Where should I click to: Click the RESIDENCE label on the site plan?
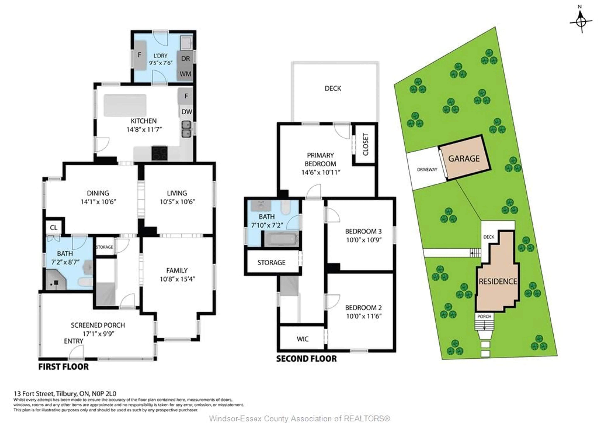tap(498, 281)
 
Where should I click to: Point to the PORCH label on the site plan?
tap(484, 316)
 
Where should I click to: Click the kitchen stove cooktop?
tap(159, 153)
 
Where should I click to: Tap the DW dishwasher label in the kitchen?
tap(186, 112)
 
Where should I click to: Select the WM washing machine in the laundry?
tap(185, 74)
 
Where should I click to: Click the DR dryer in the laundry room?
tap(185, 59)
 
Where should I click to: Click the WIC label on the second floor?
tap(302, 339)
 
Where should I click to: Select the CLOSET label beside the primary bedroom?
tap(365, 144)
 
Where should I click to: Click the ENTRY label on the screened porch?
tap(74, 341)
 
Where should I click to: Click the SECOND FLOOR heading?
tap(306, 359)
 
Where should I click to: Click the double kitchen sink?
tap(186, 129)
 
